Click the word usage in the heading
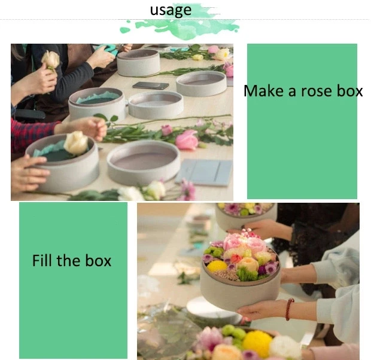[x=171, y=10]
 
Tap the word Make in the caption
[x=261, y=91]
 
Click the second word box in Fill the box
[x=97, y=261]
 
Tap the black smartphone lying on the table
[x=150, y=86]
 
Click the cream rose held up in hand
[x=51, y=59]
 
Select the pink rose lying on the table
[x=186, y=140]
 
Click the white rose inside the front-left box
[x=76, y=143]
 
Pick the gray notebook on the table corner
[x=205, y=172]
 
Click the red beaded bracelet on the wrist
[x=290, y=309]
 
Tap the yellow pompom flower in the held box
[x=217, y=266]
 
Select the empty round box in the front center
[x=143, y=161]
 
